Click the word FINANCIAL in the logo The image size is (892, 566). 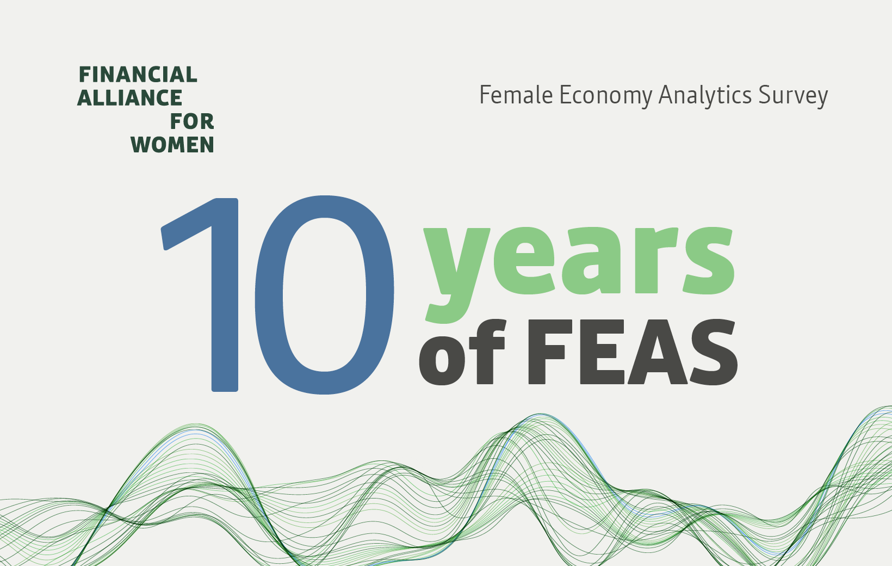[x=138, y=75]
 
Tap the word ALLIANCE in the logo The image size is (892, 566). [x=130, y=98]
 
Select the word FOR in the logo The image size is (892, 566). [x=192, y=121]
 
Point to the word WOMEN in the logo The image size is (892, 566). [x=172, y=145]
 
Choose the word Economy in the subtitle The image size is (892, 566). [x=605, y=96]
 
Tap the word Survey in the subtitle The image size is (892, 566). [x=794, y=96]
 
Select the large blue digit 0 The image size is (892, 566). [x=324, y=294]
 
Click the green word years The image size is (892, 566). [x=579, y=261]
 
